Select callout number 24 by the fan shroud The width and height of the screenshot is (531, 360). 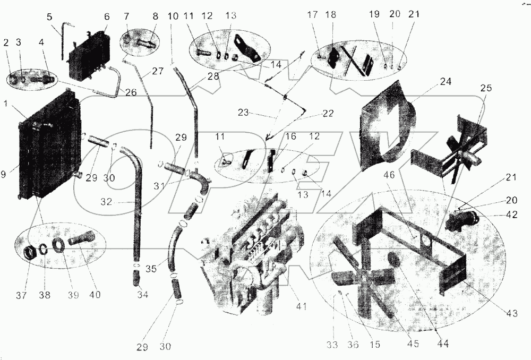(445, 82)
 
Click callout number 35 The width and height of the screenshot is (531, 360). (151, 268)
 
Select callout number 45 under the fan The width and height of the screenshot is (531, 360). (413, 344)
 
